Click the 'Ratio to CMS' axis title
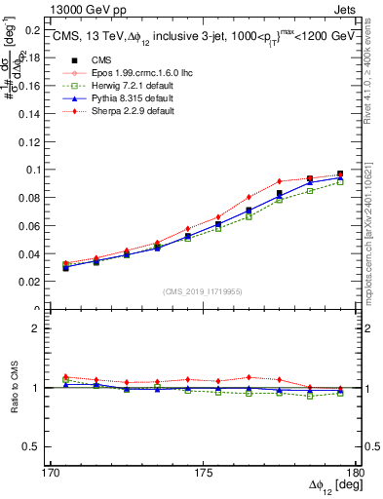[15, 388]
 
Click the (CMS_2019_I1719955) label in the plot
[203, 290]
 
